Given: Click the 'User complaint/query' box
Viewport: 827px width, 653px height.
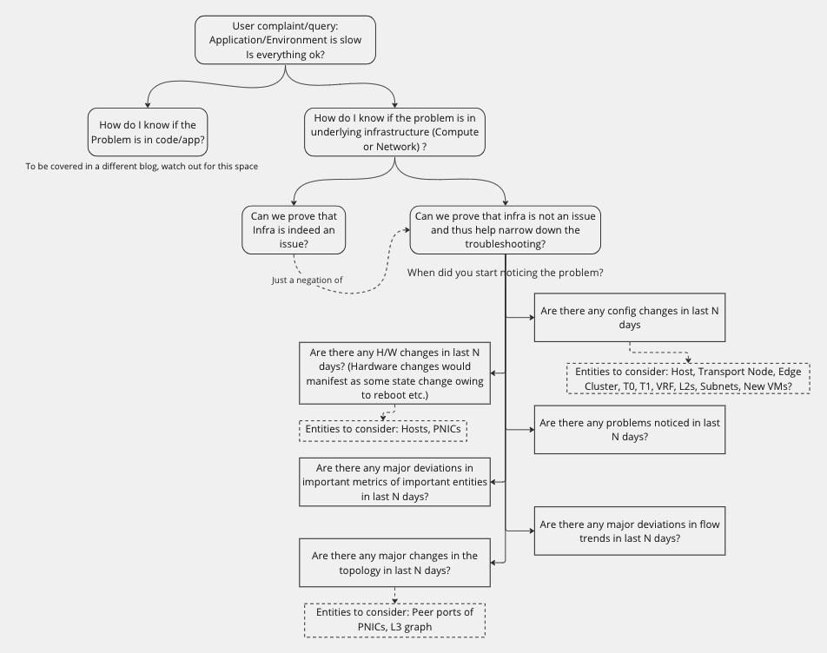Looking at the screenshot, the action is point(285,40).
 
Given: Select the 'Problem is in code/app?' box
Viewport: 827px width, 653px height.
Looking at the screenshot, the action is point(148,132).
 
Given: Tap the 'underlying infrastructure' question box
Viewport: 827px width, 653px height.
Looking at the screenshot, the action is point(394,132).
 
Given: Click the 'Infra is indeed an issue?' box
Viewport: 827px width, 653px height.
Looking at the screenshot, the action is point(294,230).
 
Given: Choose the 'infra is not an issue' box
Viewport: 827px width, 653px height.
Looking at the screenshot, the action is point(506,230).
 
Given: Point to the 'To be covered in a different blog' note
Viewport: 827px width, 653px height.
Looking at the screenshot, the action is point(142,167).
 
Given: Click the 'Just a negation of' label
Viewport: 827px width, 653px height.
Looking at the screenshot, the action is point(307,280).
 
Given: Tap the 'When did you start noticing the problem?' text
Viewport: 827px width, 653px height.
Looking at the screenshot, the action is point(506,273).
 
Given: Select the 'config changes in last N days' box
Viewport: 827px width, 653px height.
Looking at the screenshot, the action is point(630,318).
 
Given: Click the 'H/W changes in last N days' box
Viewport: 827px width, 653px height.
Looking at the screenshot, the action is point(394,373).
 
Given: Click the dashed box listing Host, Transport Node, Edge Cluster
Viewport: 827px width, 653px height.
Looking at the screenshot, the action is point(688,379).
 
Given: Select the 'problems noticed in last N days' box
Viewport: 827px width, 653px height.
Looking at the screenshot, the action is point(630,430).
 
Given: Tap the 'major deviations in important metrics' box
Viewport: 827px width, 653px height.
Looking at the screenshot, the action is point(394,482).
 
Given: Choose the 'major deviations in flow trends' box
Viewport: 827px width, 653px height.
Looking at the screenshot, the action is point(630,531).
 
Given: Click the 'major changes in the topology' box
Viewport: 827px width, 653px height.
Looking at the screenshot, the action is point(394,563).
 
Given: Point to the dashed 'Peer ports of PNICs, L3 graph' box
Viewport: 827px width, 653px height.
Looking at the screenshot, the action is point(394,620).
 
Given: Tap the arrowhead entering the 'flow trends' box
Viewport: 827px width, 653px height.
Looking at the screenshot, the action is point(532,531).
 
